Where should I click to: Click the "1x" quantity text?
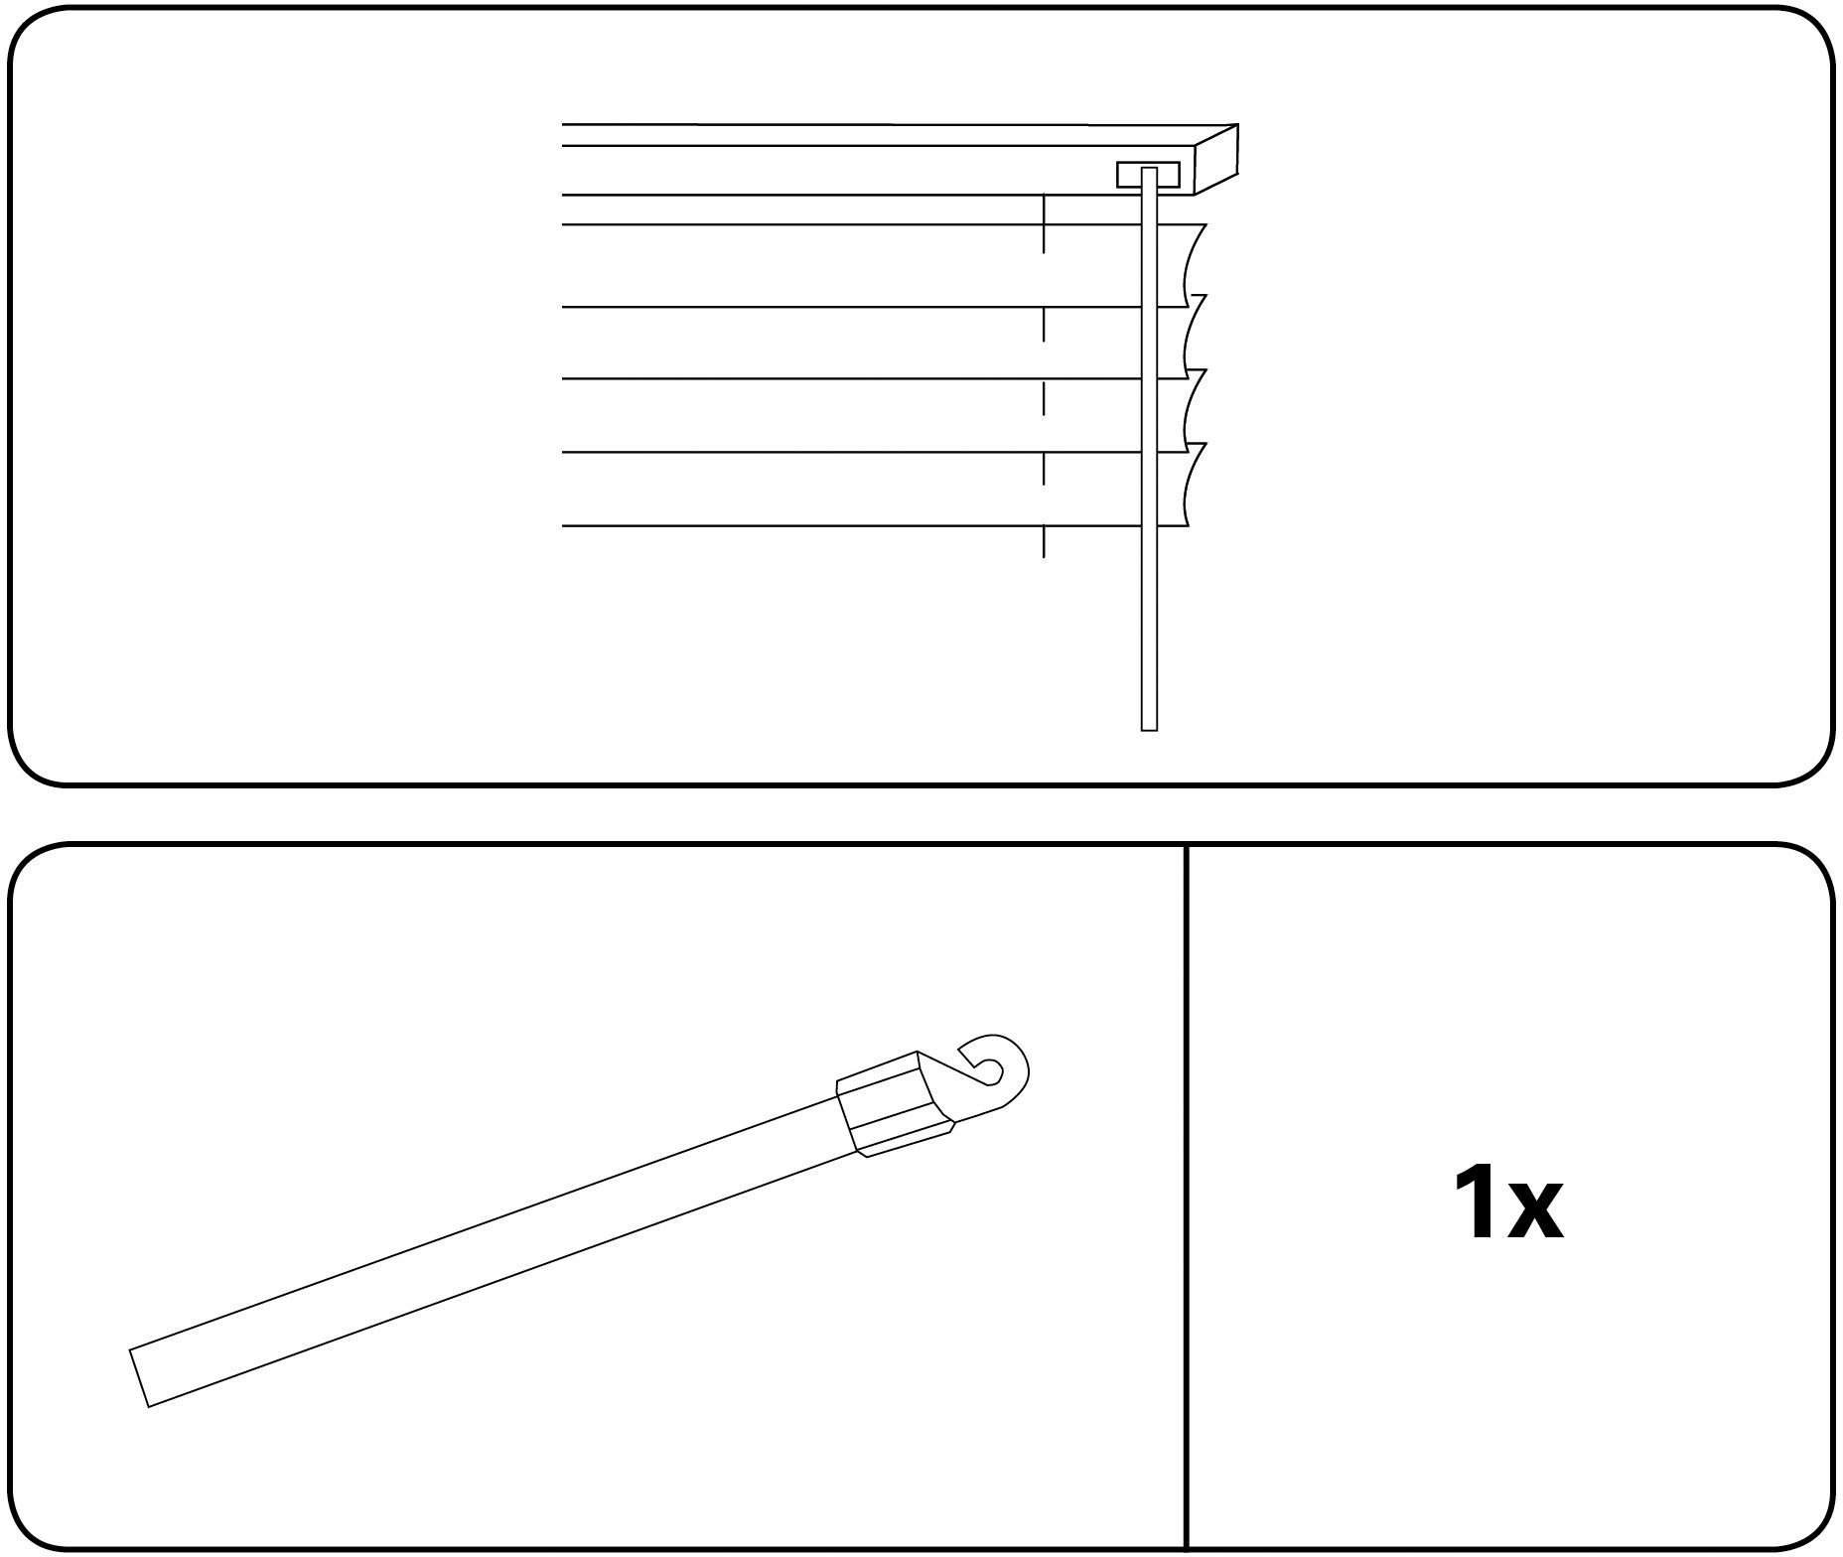tap(1507, 1204)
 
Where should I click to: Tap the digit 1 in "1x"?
tap(1474, 1204)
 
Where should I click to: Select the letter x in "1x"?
tap(1535, 1213)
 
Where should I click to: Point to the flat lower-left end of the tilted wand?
tap(140, 1377)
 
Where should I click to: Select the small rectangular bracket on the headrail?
tap(1149, 174)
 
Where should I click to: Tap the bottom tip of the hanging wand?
tap(1150, 729)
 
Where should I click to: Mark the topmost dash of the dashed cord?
tap(1044, 223)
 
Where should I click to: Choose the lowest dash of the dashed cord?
tap(1044, 542)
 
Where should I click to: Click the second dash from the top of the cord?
tap(1044, 325)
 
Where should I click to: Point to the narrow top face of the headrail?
tap(899, 135)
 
